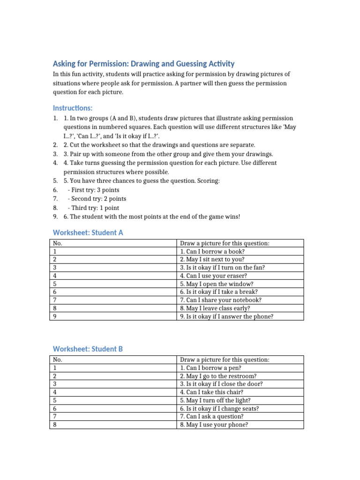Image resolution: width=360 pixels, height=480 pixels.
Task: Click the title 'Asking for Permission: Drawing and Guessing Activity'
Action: (143, 64)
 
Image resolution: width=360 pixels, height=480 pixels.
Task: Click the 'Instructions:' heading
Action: (73, 108)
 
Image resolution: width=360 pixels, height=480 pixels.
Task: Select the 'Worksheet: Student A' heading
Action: (88, 232)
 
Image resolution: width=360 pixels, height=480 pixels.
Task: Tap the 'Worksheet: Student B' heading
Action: (88, 349)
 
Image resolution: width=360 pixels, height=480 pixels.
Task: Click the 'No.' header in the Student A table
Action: (58, 243)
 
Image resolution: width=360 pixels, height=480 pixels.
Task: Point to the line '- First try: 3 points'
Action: (93, 190)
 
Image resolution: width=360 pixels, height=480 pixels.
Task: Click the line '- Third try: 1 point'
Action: (93, 208)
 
